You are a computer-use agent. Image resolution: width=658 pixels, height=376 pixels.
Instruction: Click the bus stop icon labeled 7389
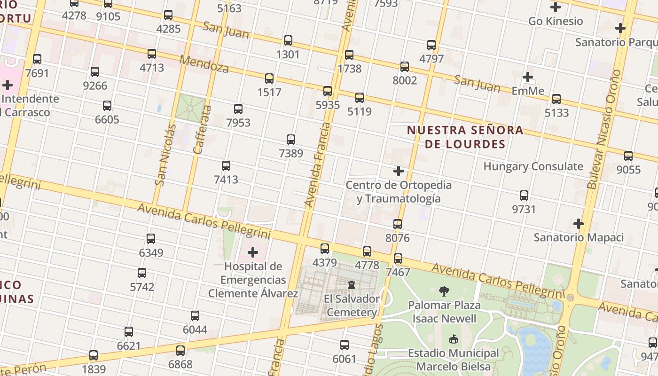[x=291, y=140]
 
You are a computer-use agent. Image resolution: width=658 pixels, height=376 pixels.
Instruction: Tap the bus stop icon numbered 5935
[x=328, y=91]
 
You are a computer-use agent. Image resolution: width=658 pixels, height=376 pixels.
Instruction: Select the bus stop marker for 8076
[x=398, y=224]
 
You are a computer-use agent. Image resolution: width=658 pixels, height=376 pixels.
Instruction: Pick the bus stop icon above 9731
[x=524, y=196]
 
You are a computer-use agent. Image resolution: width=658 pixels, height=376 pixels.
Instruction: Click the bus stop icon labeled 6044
[x=195, y=316]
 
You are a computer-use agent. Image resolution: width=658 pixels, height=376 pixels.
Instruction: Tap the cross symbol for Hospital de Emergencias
[x=253, y=253]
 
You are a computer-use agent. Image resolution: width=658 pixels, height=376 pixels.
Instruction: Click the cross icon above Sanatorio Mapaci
[x=579, y=224]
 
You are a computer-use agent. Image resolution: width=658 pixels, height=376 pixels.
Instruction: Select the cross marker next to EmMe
[x=528, y=77]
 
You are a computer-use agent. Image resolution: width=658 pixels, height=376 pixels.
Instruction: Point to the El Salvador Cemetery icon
[x=351, y=285]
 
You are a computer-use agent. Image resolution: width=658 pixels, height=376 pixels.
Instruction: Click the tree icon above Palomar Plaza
[x=444, y=291]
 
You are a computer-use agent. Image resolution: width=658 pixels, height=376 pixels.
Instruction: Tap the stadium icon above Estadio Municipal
[x=454, y=339]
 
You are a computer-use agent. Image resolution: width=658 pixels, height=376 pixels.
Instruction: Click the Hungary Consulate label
[x=533, y=166]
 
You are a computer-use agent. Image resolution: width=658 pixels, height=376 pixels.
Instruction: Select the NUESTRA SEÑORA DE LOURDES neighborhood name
[x=465, y=137]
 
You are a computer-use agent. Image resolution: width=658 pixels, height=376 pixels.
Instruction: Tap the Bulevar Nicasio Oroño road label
[x=605, y=129]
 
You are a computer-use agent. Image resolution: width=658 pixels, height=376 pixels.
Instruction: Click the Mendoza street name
[x=204, y=64]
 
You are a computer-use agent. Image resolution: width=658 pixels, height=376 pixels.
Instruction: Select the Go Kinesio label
[x=556, y=21]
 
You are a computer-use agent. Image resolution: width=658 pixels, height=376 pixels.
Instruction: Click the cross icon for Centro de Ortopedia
[x=399, y=171]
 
